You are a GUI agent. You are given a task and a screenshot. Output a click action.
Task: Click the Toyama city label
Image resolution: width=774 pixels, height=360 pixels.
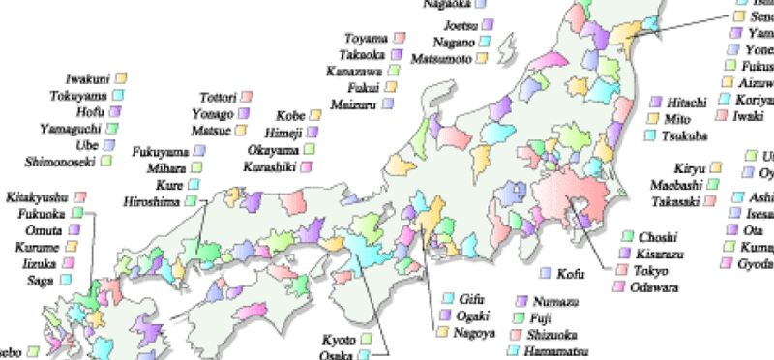coord(366,39)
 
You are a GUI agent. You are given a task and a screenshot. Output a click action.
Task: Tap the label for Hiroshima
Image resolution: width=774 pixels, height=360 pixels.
coord(153,200)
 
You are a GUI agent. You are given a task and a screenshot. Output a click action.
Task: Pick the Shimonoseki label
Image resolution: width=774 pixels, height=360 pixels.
coord(58,160)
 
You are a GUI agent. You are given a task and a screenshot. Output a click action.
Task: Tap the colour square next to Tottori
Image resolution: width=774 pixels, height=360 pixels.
coord(246,97)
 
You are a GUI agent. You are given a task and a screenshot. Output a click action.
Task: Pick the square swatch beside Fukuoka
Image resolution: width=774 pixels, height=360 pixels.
coord(75,213)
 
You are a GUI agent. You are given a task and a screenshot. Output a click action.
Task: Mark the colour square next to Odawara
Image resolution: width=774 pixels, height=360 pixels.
coord(616,287)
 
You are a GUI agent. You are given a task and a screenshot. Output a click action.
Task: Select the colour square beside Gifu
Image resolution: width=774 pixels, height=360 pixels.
coord(449,298)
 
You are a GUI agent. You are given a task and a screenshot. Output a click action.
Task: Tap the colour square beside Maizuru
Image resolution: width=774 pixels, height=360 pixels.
coord(387,102)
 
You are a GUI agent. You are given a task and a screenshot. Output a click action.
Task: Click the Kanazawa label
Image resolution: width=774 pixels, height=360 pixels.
coord(354,72)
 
